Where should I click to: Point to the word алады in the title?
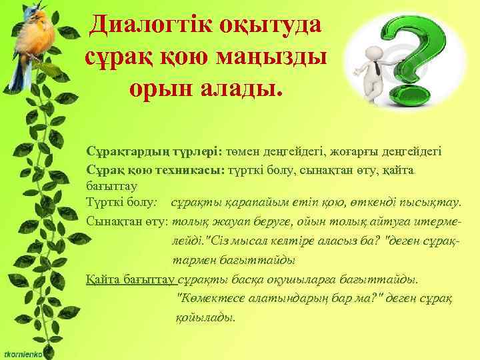click(x=245, y=89)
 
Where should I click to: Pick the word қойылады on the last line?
click(x=204, y=317)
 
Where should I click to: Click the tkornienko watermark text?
click(x=23, y=352)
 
